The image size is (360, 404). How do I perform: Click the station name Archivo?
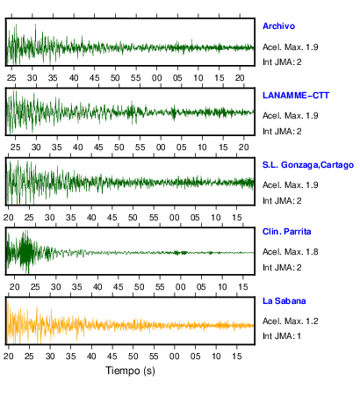point(278,26)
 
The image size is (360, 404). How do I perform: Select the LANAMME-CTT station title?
point(296,96)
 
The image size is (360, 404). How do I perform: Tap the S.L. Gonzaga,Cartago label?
point(308,165)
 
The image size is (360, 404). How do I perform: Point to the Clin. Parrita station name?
point(286,232)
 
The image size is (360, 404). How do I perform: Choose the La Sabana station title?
point(284,301)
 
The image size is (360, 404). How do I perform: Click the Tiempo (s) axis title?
point(130,371)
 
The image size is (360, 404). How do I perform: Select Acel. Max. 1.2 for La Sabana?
point(290,321)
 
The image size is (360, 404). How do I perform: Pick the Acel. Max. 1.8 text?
point(290,252)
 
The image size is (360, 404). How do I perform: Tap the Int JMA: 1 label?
point(282,336)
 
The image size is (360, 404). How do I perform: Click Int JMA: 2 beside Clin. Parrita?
point(282,268)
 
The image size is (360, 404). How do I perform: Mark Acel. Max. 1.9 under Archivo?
point(290,47)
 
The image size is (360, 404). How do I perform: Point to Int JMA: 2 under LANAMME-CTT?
point(282,132)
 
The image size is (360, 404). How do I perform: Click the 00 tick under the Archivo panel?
point(156,78)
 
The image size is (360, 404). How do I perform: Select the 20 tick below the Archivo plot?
point(240,78)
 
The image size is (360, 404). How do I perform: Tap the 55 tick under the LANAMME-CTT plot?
point(140,148)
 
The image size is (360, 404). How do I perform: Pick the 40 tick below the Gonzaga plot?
point(91,218)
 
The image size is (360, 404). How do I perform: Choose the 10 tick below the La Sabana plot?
point(216,357)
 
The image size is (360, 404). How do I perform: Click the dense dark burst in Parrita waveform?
point(26,252)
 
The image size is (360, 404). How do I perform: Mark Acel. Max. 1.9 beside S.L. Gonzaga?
point(290,185)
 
